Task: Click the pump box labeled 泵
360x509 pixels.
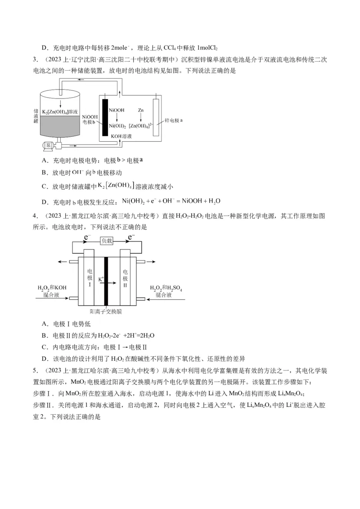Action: pos(47,145)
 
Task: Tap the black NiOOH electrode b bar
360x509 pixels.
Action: pos(105,116)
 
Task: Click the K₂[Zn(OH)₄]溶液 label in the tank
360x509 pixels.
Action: pos(60,111)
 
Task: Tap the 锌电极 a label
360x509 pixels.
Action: pos(173,121)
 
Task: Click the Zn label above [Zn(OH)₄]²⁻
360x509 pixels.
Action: pos(140,110)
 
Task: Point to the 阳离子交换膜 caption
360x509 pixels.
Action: pos(106,311)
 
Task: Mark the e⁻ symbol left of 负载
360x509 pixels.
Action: pos(88,237)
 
